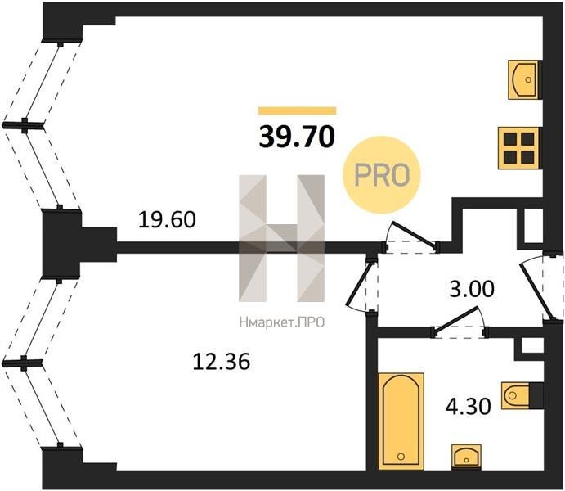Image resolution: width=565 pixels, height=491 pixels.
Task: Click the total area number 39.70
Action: [297, 137]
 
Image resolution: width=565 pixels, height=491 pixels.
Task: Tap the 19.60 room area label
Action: [167, 219]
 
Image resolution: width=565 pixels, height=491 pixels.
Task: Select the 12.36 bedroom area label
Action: [222, 362]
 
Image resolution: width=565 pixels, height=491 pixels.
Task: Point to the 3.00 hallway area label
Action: [472, 289]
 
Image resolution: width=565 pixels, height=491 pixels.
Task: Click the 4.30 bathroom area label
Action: [468, 406]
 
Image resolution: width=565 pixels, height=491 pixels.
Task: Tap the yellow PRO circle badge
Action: [382, 175]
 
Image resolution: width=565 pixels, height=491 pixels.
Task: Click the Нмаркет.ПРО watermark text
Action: [282, 322]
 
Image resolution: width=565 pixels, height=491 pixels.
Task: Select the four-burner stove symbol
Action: [519, 148]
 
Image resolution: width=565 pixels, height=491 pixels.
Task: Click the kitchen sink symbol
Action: [522, 79]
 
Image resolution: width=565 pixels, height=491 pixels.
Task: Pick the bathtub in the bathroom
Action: [401, 421]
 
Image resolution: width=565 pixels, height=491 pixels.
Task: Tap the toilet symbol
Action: [516, 395]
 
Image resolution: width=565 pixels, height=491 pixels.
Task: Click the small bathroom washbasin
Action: [466, 457]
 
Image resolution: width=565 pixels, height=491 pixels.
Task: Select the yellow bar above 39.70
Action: [297, 110]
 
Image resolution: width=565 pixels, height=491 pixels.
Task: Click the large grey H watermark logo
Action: [282, 238]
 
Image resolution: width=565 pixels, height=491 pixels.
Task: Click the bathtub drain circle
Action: [401, 457]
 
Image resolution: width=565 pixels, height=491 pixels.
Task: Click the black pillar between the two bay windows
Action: [61, 245]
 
